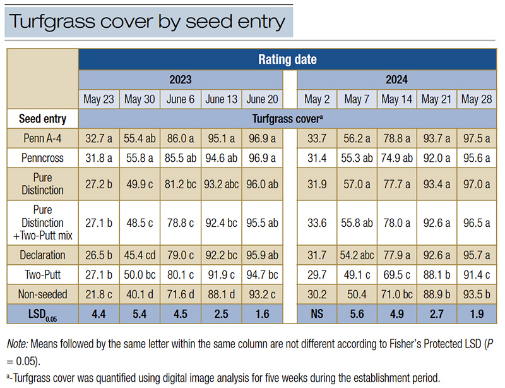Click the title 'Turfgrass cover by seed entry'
coord(146,21)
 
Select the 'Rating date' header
coord(287,60)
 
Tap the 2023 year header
coord(180,80)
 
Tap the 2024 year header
coord(397,80)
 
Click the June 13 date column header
coord(221,99)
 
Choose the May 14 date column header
coord(397,99)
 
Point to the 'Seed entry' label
coord(42,118)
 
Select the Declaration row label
coord(42,255)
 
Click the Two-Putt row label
coord(42,274)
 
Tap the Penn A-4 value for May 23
coord(98,137)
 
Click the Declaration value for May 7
coord(357,255)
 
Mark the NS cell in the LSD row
coord(317,313)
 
